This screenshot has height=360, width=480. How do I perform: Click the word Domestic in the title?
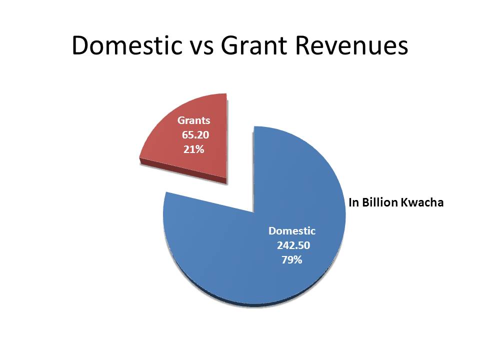pyautogui.click(x=127, y=45)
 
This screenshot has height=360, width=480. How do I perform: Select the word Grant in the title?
pyautogui.click(x=254, y=45)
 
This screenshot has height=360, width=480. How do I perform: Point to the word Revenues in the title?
pyautogui.click(x=351, y=45)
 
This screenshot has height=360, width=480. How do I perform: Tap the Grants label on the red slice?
pyautogui.click(x=194, y=120)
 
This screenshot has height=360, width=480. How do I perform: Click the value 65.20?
pyautogui.click(x=195, y=134)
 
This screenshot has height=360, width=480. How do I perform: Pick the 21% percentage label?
pyautogui.click(x=194, y=149)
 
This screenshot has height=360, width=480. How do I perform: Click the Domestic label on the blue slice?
pyautogui.click(x=291, y=231)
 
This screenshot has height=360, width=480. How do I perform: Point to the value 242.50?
pyautogui.click(x=293, y=245)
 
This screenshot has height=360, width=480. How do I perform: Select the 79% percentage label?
pyautogui.click(x=291, y=260)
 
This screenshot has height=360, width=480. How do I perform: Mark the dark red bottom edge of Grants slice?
pyautogui.click(x=183, y=171)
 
